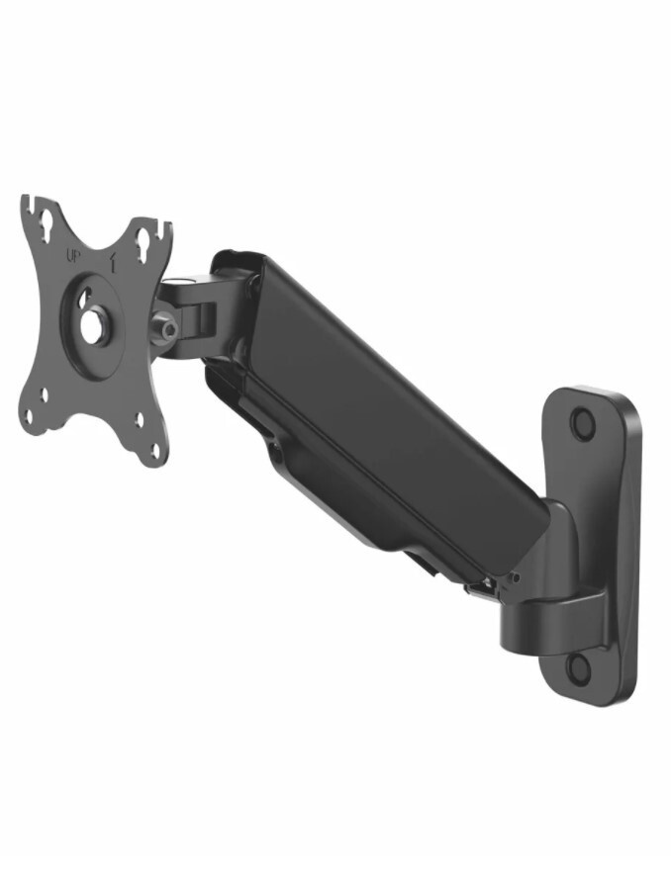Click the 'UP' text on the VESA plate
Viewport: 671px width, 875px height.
click(x=73, y=257)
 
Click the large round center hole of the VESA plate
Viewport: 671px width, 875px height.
click(x=90, y=328)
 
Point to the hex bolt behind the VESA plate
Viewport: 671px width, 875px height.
click(x=166, y=328)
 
